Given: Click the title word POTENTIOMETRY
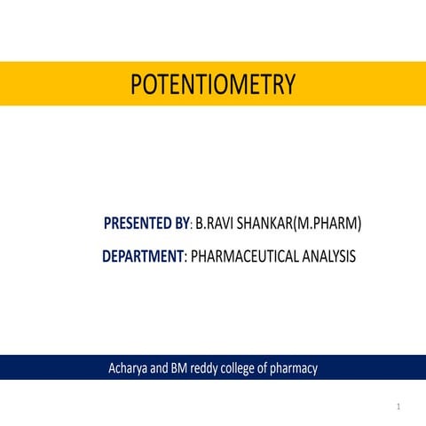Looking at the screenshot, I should (x=212, y=85).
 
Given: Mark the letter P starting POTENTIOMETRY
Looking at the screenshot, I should (x=136, y=85).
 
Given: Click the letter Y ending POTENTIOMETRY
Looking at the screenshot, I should (x=288, y=85).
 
